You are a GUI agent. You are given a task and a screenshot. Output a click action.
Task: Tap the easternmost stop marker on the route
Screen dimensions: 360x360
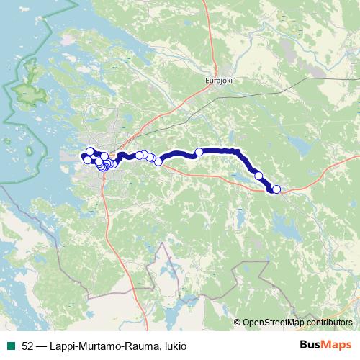point(276,189)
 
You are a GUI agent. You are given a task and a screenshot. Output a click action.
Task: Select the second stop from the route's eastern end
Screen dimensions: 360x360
point(258,175)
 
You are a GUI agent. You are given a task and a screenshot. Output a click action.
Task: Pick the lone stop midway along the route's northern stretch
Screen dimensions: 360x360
point(199,152)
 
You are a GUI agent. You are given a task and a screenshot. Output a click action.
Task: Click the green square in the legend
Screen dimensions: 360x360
point(10,346)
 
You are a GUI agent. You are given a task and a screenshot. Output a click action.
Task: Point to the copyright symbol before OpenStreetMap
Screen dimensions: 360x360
point(238,323)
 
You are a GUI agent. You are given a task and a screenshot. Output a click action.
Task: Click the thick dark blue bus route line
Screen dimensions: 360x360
point(216,150)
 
